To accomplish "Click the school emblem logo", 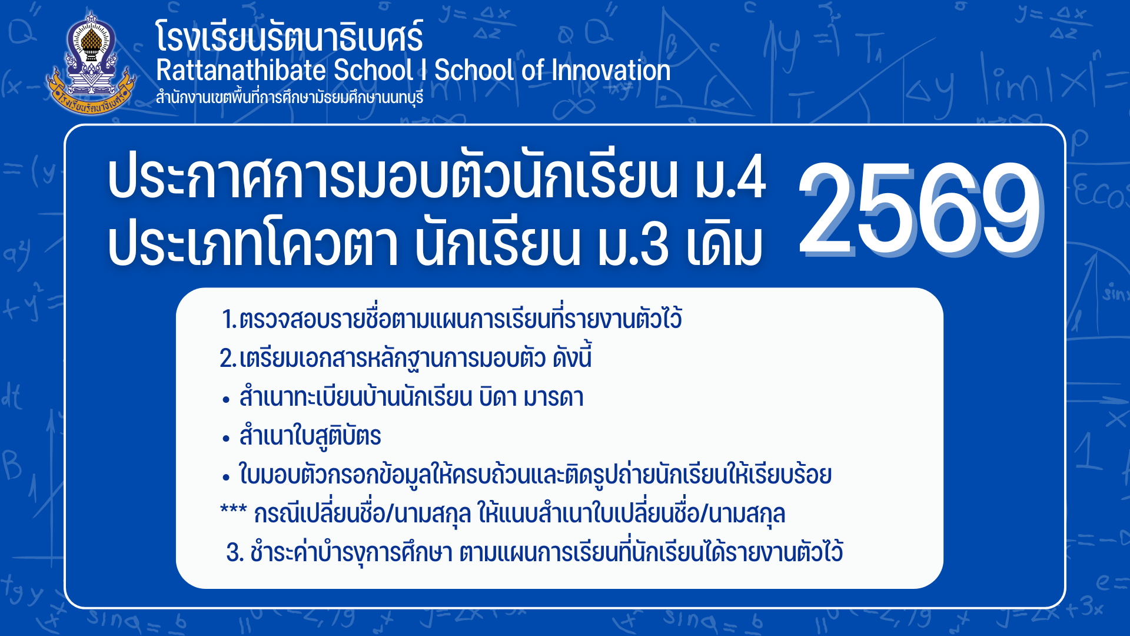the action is (91, 64).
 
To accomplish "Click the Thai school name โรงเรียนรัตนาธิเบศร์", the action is (289, 36).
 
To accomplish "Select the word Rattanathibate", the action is (241, 71).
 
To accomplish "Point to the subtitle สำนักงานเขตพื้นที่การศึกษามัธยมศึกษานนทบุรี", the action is (289, 97).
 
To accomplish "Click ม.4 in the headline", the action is (730, 177).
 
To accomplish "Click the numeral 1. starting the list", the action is (229, 320).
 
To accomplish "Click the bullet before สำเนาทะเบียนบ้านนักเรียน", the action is (226, 400).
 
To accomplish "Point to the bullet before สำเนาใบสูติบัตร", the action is (226, 439).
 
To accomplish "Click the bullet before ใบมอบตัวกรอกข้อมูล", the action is (226, 478).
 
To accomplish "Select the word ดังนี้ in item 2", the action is (572, 357).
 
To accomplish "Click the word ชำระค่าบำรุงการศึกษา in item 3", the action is (351, 552).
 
